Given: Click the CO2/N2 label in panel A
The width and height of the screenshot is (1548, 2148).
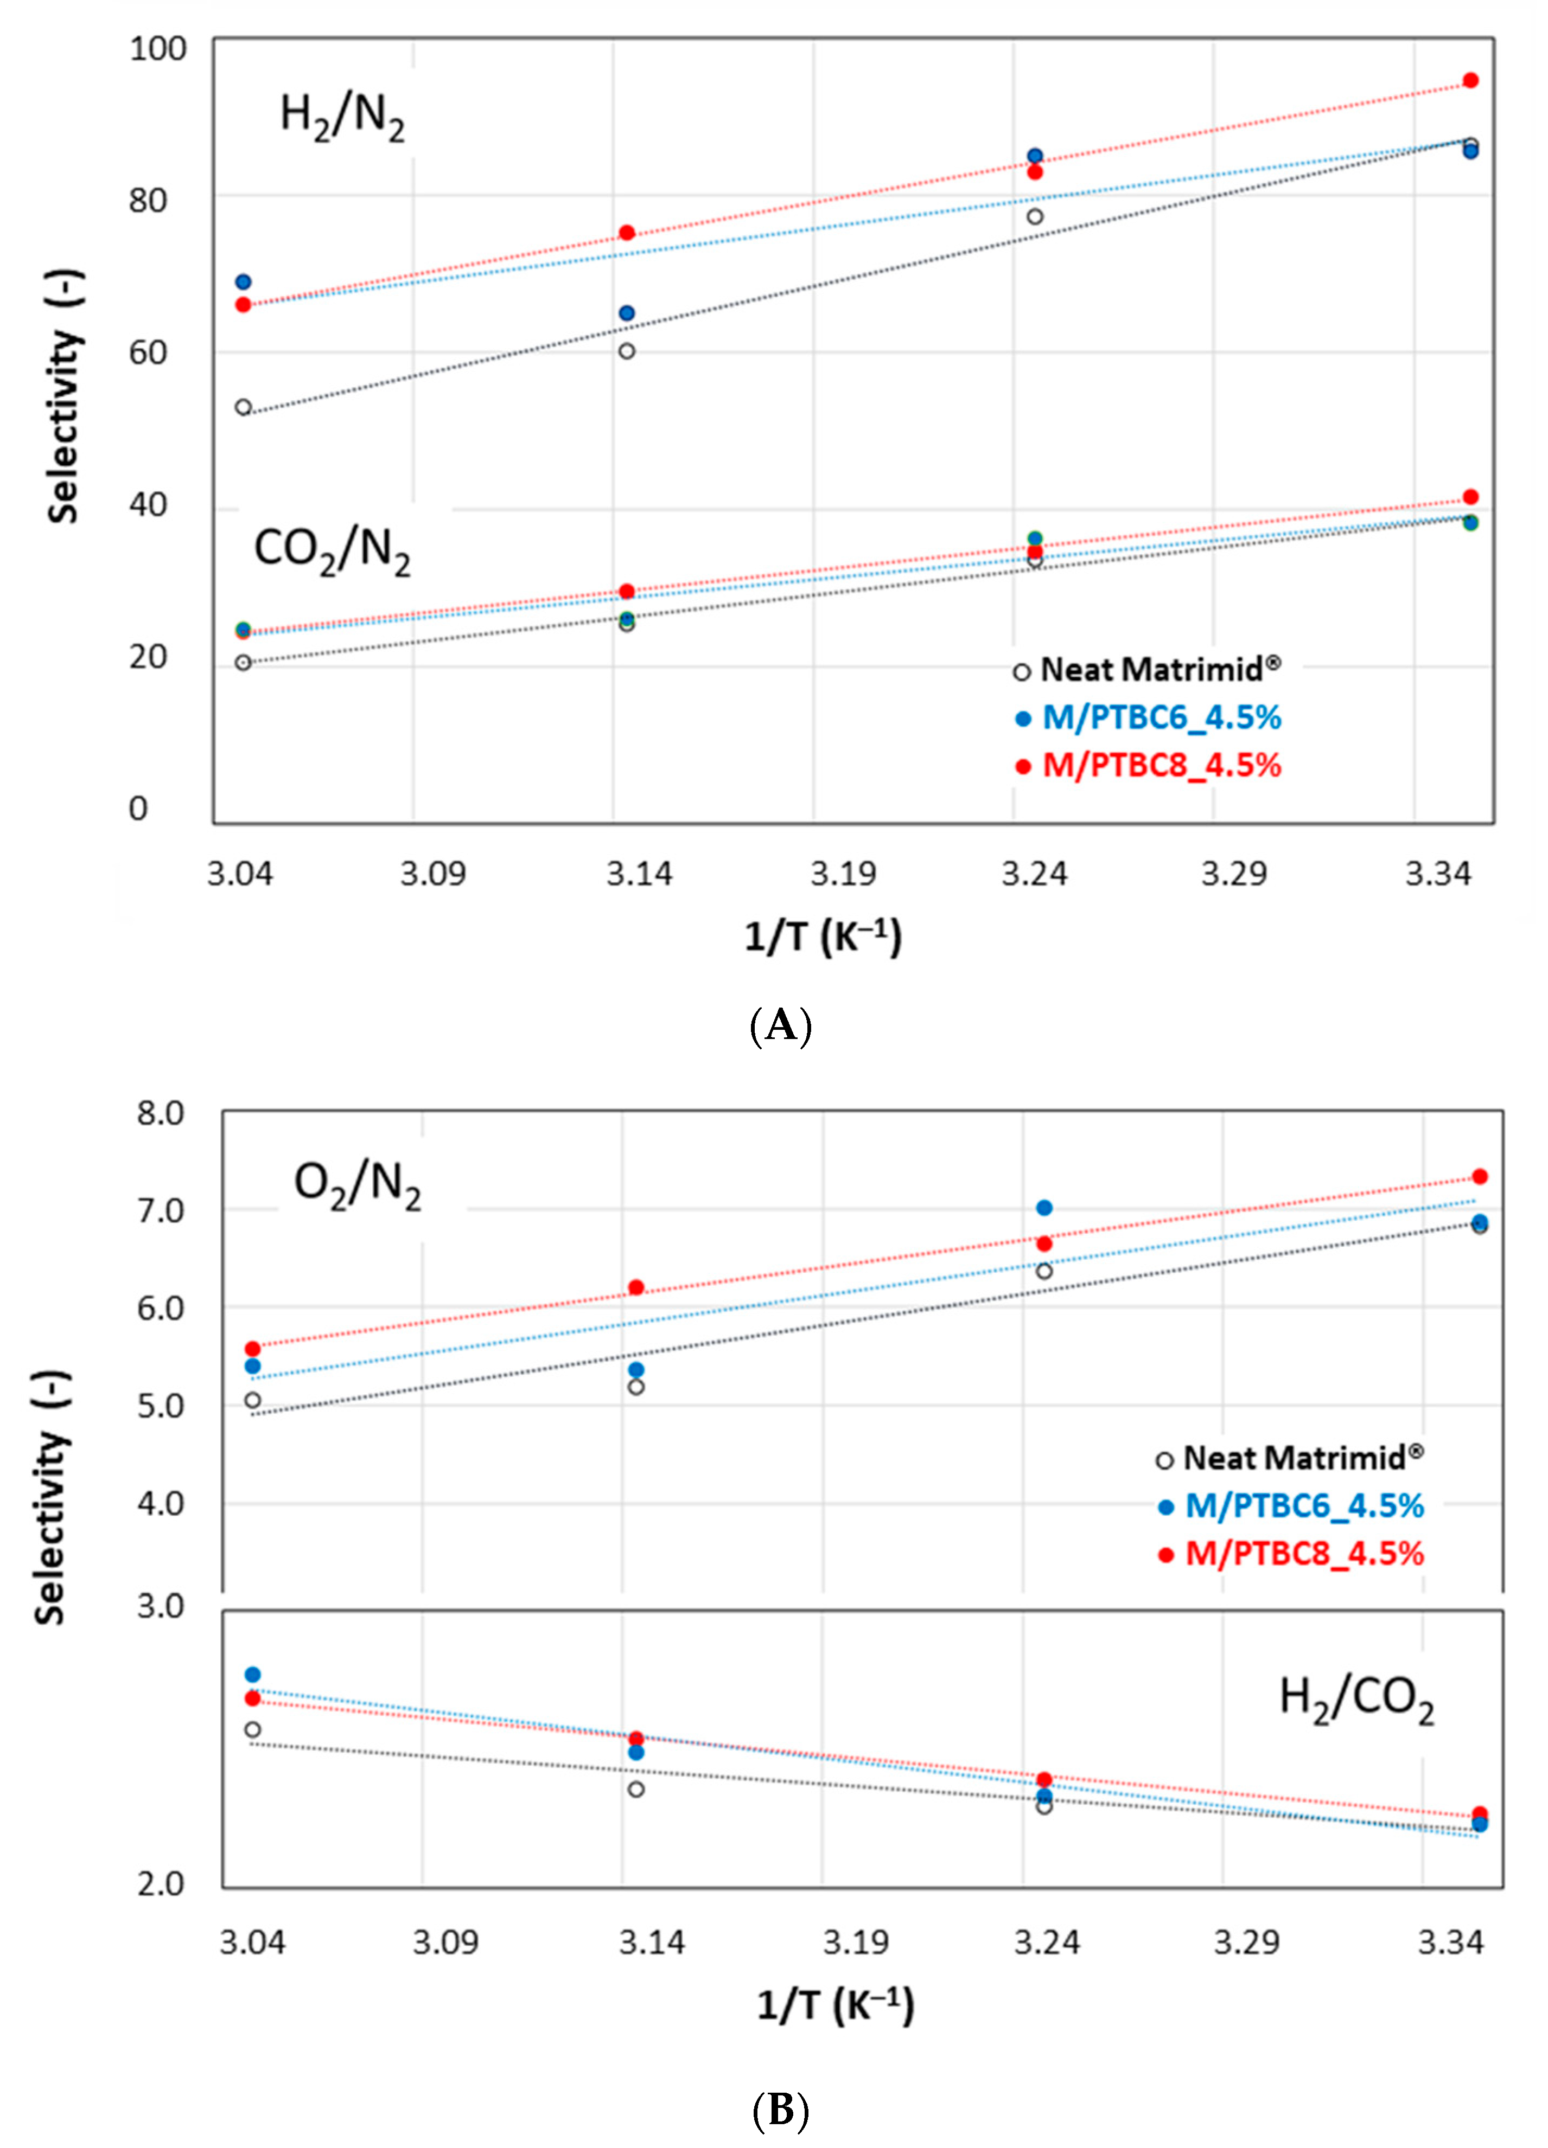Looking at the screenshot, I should point(332,550).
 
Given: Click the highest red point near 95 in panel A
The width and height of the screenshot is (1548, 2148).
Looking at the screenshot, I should point(1470,80).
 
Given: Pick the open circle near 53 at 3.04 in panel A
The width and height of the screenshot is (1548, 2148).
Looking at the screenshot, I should point(244,407).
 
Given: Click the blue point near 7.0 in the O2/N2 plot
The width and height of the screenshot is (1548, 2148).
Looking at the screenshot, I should point(1044,1208).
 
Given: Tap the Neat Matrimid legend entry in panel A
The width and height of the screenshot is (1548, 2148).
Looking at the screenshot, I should point(1147,671).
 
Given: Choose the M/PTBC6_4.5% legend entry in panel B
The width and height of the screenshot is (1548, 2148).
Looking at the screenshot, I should point(1292,1506).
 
